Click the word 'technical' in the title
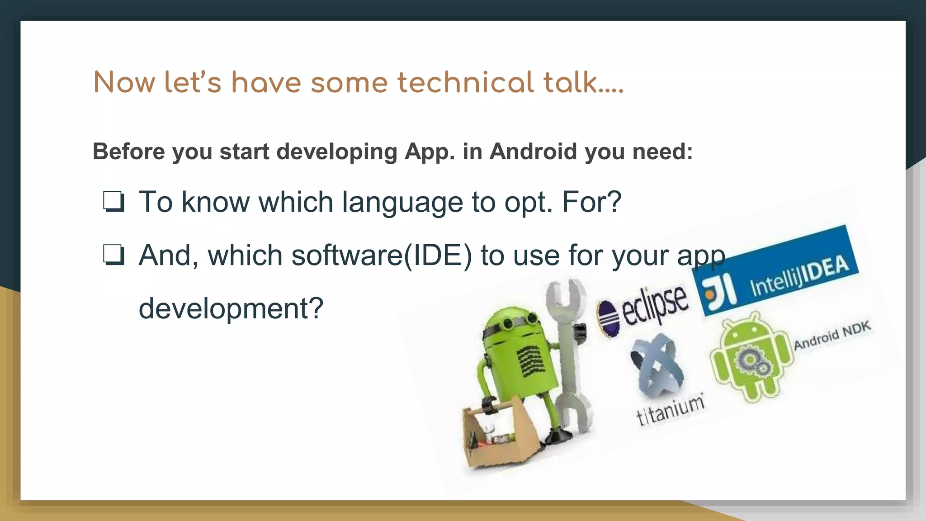[465, 83]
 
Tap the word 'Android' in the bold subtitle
[534, 152]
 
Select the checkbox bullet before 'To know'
[113, 202]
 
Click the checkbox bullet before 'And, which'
[113, 255]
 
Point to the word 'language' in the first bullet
[402, 202]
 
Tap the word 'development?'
[231, 308]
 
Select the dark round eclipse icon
[607, 318]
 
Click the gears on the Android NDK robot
[751, 362]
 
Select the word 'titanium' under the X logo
[670, 410]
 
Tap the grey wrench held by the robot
[567, 353]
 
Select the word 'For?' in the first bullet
[591, 202]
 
